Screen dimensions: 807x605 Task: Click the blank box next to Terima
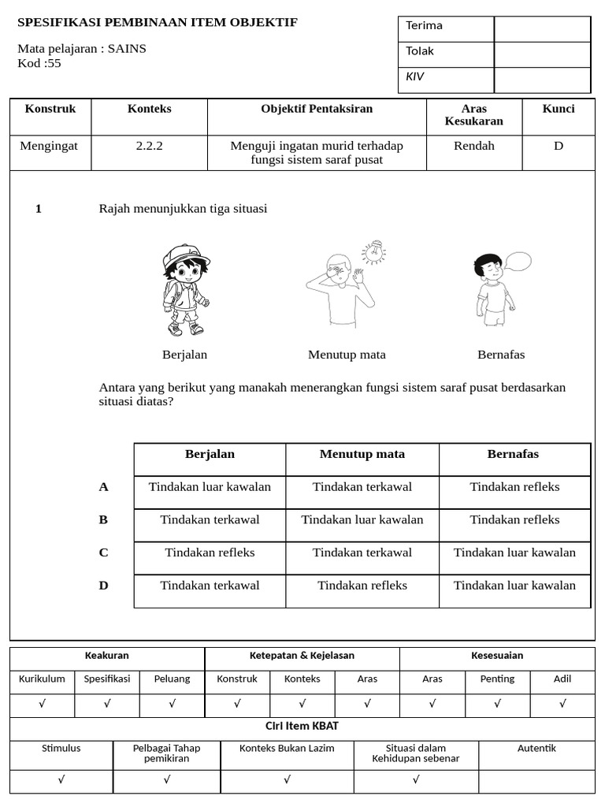coord(542,29)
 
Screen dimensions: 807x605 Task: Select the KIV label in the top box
coord(414,77)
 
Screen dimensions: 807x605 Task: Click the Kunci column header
coord(558,109)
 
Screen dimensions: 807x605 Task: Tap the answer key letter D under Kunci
coord(558,147)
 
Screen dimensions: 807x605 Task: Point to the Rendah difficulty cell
coord(474,147)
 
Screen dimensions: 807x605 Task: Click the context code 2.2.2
coord(149,147)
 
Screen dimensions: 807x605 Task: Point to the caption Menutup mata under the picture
coord(347,355)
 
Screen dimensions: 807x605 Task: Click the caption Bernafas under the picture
coord(501,355)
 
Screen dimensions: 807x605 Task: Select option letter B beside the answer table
coord(103,520)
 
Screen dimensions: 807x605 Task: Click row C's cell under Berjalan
coord(210,552)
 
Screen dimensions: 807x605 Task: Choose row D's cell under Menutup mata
coord(362,586)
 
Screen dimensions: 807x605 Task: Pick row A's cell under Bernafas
coord(514,487)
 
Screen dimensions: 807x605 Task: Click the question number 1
coord(39,209)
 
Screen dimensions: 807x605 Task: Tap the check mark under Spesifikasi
coord(107,705)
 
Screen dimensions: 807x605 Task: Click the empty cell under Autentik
coord(536,780)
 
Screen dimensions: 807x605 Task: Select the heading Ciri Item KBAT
coord(302,727)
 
